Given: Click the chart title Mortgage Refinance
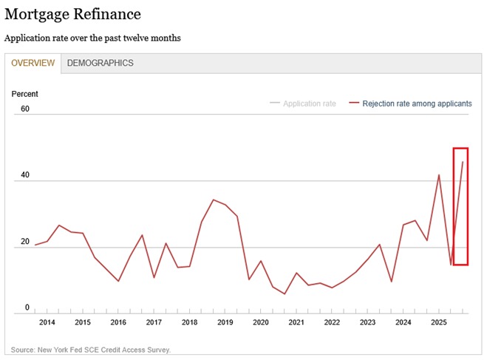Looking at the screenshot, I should point(72,14).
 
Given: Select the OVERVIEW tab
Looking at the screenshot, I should point(33,64).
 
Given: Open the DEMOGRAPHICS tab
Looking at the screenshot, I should point(100,64).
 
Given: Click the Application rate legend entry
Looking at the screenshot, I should point(309,103).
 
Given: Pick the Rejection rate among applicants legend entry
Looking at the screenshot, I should point(417,103).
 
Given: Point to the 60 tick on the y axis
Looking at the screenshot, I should point(25,109).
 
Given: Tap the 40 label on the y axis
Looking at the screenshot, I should point(25,175).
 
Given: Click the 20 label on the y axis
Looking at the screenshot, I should point(25,242).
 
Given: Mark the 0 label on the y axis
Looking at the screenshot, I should point(27,308).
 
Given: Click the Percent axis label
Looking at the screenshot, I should point(24,94).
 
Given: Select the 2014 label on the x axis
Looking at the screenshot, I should point(47,323).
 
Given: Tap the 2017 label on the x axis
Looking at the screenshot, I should point(154,323).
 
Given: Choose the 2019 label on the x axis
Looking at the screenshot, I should point(225,323).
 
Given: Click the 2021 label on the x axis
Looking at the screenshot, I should point(296,323).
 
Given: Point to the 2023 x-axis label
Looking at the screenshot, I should point(367,323).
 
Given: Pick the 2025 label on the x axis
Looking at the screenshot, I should point(438,323).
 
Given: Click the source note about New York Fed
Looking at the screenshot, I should point(91,350).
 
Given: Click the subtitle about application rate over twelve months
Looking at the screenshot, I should point(92,37).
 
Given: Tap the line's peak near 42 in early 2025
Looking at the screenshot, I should point(439,174).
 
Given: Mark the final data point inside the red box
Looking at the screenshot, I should point(463,162).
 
